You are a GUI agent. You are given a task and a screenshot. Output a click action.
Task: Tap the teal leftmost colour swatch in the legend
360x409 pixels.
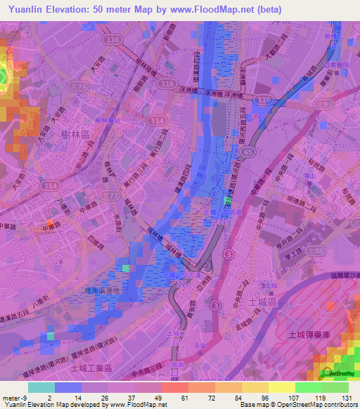tap(41, 387)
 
